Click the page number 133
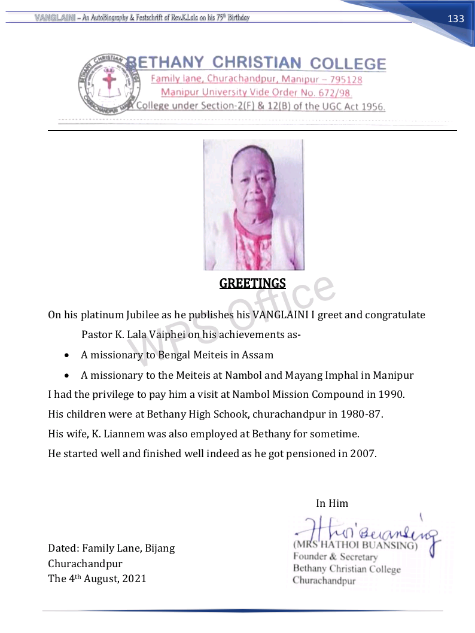tap(456, 19)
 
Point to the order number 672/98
tap(332, 93)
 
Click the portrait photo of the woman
tap(253, 205)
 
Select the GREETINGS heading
tap(252, 283)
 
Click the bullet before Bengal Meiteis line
tap(68, 355)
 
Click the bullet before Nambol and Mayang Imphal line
tap(68, 376)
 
